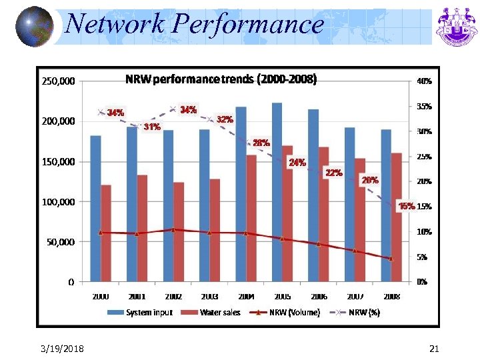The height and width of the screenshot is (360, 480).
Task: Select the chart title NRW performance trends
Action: [x=221, y=79]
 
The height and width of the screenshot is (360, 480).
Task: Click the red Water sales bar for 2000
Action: [x=106, y=233]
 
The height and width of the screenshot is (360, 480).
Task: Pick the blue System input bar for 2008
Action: [x=386, y=205]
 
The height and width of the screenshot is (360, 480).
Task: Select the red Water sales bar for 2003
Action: [x=215, y=230]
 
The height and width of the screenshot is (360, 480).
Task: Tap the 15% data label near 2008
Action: [x=406, y=206]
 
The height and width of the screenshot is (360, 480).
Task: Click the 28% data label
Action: [x=261, y=143]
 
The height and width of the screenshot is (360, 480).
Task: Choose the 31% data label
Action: [x=152, y=127]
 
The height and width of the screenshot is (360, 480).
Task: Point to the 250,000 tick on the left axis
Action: [x=58, y=82]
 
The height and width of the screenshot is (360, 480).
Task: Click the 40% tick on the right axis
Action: [x=423, y=82]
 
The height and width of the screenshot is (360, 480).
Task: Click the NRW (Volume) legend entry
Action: [x=288, y=313]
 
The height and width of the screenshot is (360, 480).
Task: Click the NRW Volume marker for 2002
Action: [x=173, y=229]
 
